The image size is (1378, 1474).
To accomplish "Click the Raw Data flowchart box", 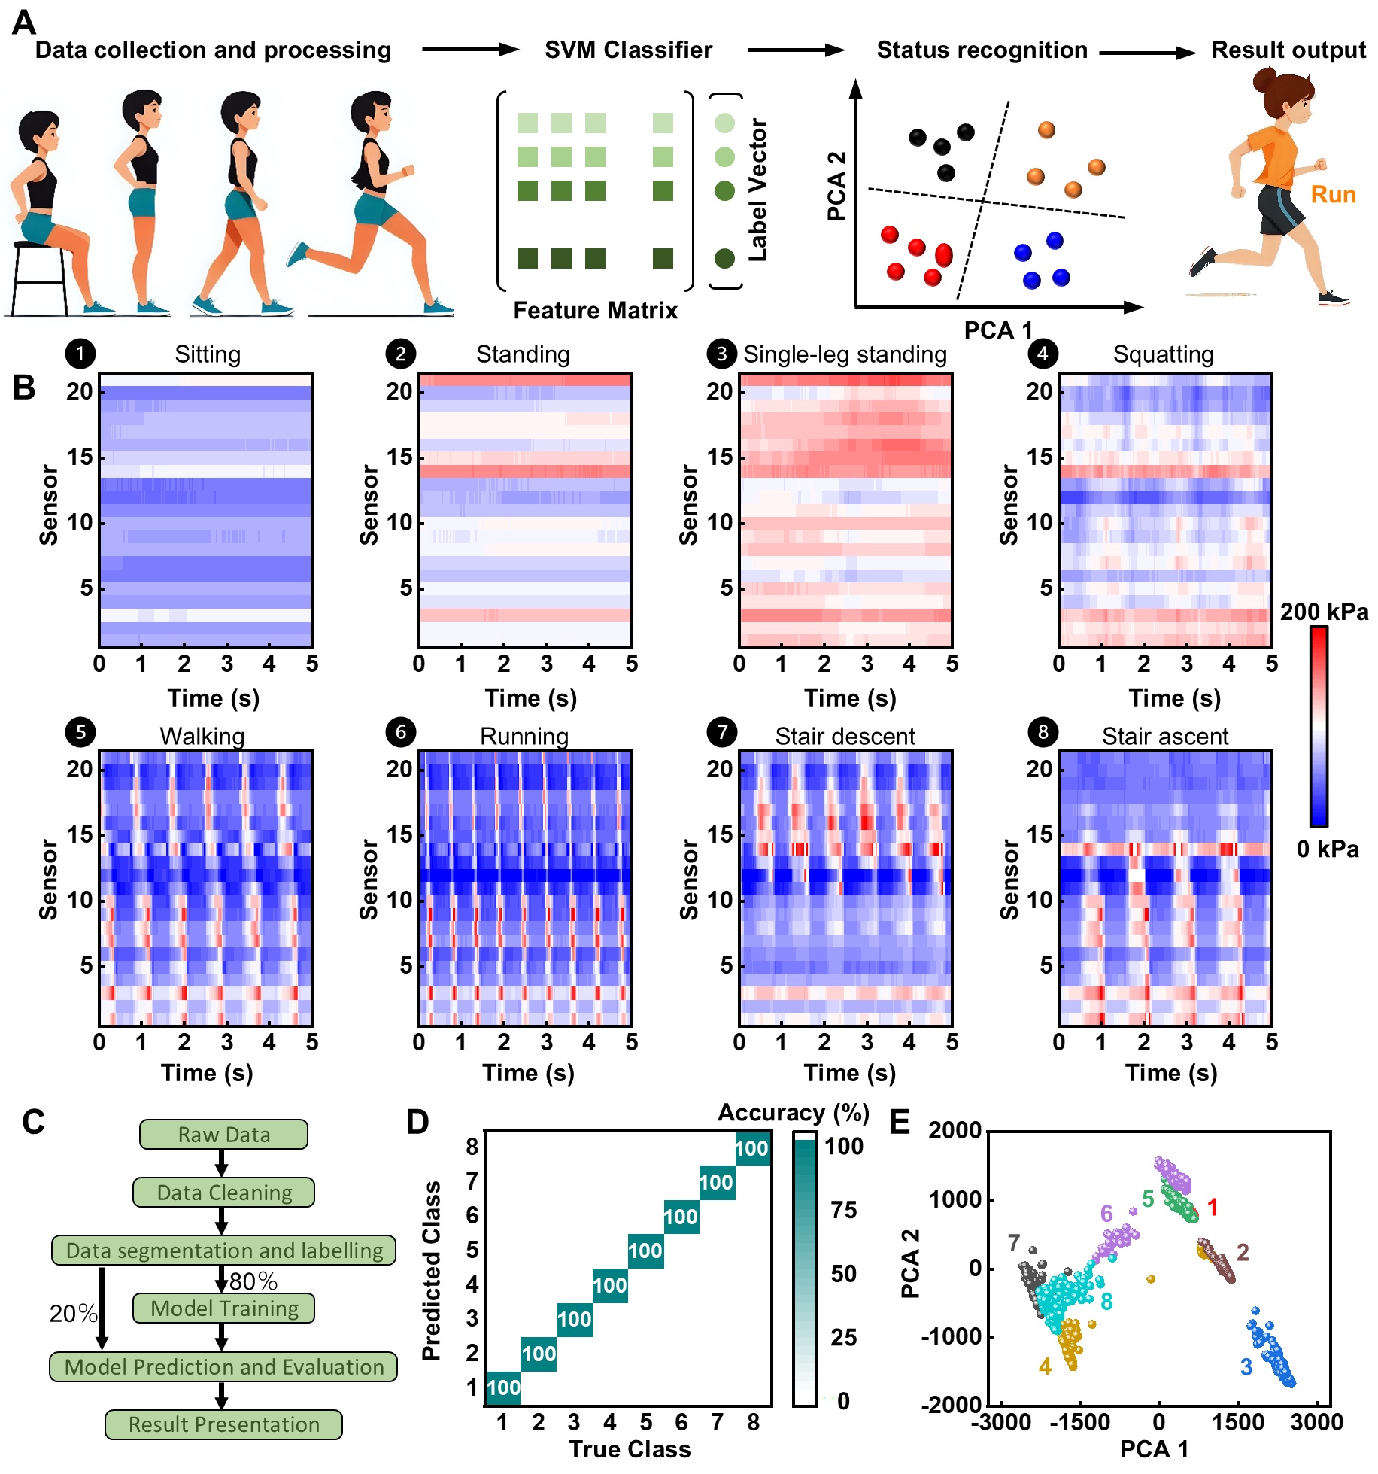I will click(x=223, y=1134).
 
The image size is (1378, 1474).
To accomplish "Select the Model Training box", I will click(x=223, y=1308).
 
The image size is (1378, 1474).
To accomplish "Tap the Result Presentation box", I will click(x=223, y=1424).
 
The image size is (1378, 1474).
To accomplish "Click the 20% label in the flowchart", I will click(x=73, y=1313).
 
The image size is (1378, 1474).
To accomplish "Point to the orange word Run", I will click(x=1333, y=195).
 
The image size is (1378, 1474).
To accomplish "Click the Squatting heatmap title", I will click(x=1163, y=354).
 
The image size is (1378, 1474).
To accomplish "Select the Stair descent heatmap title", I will click(x=845, y=736).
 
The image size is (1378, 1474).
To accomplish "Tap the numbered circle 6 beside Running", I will click(x=401, y=732).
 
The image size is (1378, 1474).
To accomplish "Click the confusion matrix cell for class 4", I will click(x=609, y=1285).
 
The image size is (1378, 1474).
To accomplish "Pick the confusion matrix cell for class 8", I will click(x=752, y=1148).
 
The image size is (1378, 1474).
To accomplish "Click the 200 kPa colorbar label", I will click(x=1324, y=612).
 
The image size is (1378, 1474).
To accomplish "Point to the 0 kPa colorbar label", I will click(x=1328, y=849).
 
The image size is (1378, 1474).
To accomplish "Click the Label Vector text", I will click(x=757, y=190).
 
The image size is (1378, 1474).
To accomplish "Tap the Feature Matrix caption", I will click(x=595, y=310).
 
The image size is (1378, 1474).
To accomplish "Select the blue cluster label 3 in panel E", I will click(x=1246, y=1366).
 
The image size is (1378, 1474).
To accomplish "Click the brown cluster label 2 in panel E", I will click(x=1243, y=1252).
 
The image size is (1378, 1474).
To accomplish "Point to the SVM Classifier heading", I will click(x=628, y=50).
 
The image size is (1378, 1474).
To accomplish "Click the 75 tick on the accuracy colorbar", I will click(x=844, y=1210).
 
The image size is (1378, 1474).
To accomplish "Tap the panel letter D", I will click(x=417, y=1122).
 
